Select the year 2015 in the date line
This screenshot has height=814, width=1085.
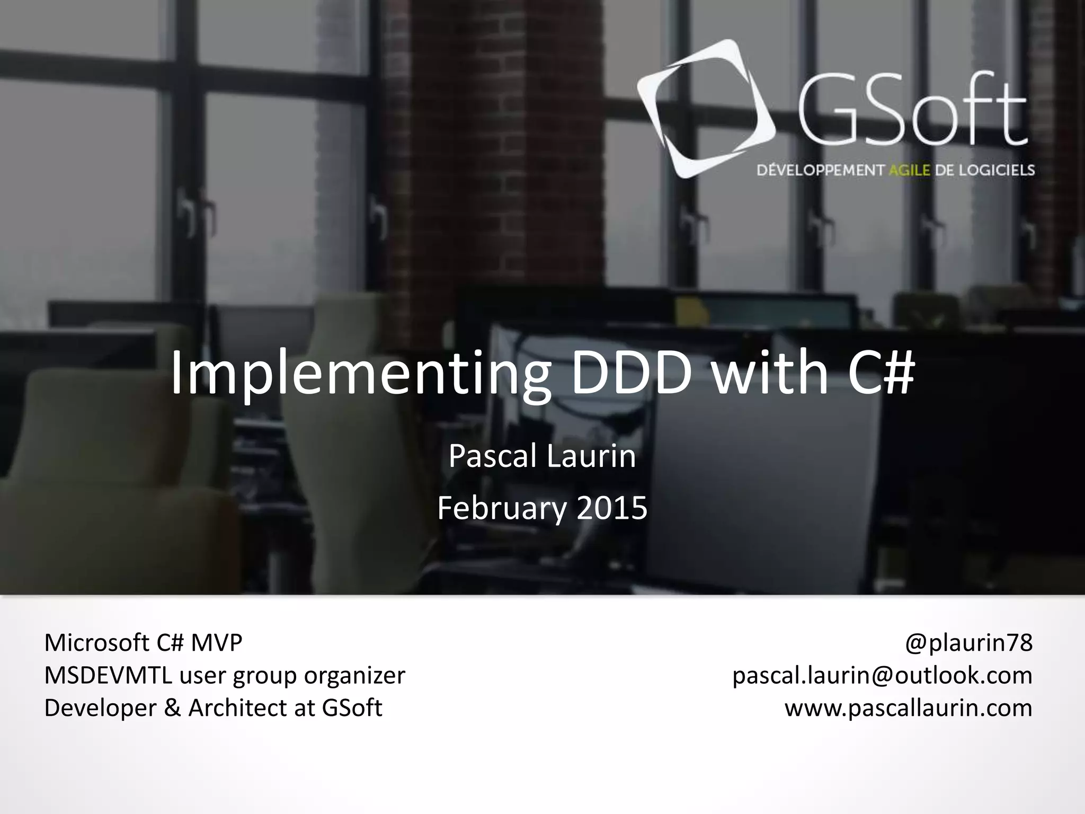[x=612, y=508]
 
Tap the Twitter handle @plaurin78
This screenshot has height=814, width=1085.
[x=968, y=643]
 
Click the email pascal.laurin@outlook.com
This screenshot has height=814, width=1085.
[x=882, y=676]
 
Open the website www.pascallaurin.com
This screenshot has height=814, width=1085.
[x=908, y=708]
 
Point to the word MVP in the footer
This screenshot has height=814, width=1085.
[x=216, y=643]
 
